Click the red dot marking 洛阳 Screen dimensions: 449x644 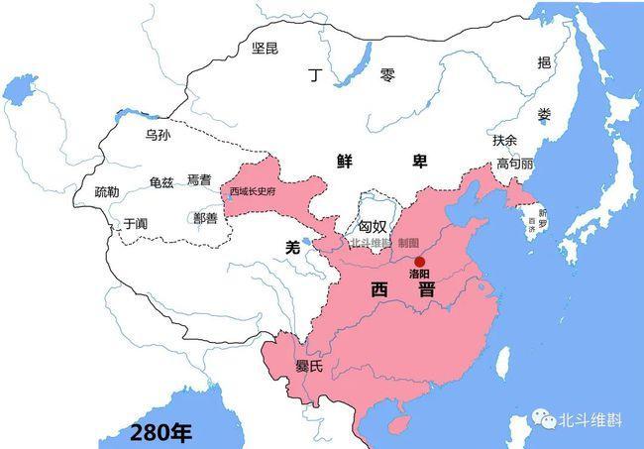click(x=419, y=262)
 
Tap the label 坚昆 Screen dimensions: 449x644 click(x=267, y=47)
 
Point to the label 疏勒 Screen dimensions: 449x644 click(x=107, y=191)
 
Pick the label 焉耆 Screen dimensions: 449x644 click(x=199, y=179)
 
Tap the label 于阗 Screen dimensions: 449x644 click(x=136, y=224)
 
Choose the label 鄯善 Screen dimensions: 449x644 click(x=205, y=216)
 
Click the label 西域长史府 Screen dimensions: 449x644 click(x=254, y=191)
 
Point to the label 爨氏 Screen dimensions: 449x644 click(x=309, y=366)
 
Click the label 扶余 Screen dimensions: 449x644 click(x=505, y=141)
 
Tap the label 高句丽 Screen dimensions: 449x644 click(x=515, y=164)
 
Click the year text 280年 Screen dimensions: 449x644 click(x=161, y=432)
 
